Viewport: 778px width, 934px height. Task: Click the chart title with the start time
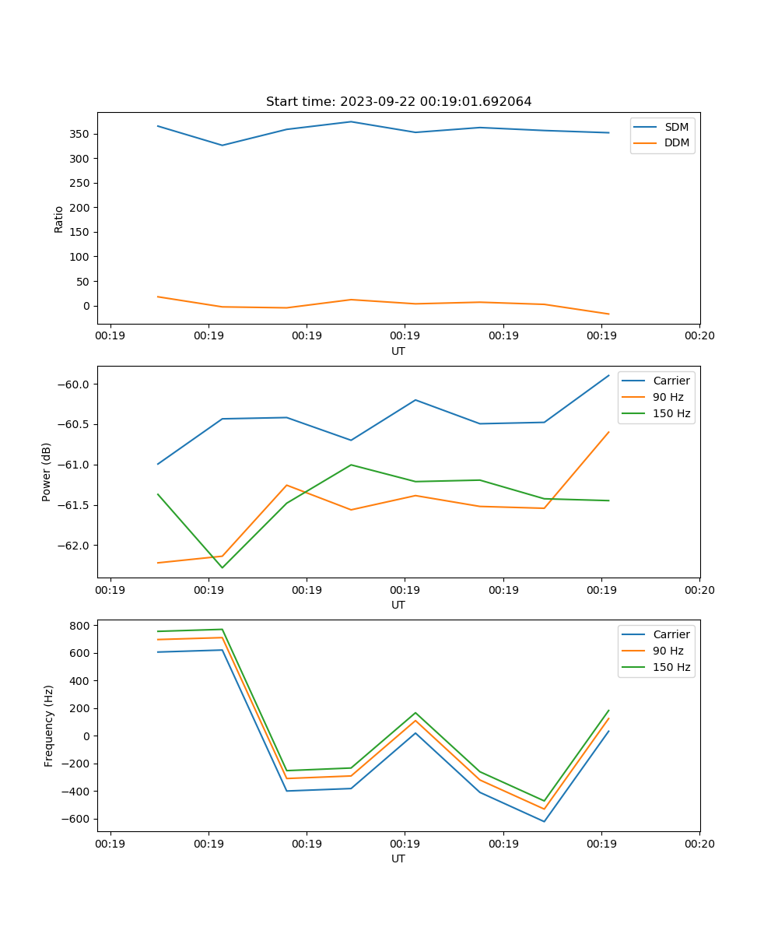point(398,102)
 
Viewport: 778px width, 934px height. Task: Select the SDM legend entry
point(676,127)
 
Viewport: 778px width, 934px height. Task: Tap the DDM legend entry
point(676,142)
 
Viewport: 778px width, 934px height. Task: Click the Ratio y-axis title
point(59,219)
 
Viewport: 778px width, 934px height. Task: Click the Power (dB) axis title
point(47,472)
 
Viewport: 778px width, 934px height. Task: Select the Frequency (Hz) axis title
point(48,725)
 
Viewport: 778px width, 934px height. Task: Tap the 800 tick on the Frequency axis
point(79,625)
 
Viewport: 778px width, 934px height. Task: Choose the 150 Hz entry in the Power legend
point(671,413)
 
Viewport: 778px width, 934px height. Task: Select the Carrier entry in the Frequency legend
point(671,634)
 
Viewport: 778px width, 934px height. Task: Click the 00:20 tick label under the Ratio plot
point(699,336)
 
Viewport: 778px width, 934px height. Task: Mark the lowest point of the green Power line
point(223,567)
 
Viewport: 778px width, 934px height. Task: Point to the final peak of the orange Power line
point(608,432)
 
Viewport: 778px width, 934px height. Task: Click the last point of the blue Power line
point(608,375)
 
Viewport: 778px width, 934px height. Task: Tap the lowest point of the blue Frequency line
point(544,821)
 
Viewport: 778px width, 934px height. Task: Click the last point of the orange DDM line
point(608,314)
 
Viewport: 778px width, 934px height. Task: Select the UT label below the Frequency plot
point(398,859)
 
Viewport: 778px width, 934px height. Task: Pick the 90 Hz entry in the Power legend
point(668,397)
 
